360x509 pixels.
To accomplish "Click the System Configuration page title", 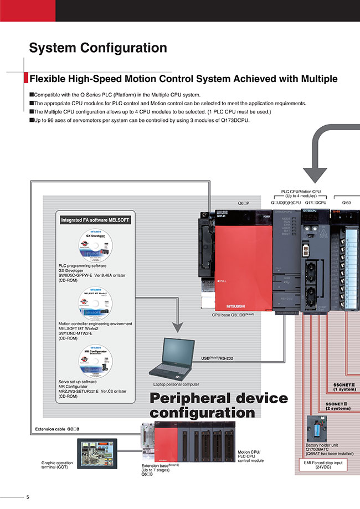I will [97, 48].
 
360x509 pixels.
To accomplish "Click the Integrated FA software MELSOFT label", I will [95, 220].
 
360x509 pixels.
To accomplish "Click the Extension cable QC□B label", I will [58, 429].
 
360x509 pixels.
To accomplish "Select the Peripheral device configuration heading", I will [219, 405].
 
